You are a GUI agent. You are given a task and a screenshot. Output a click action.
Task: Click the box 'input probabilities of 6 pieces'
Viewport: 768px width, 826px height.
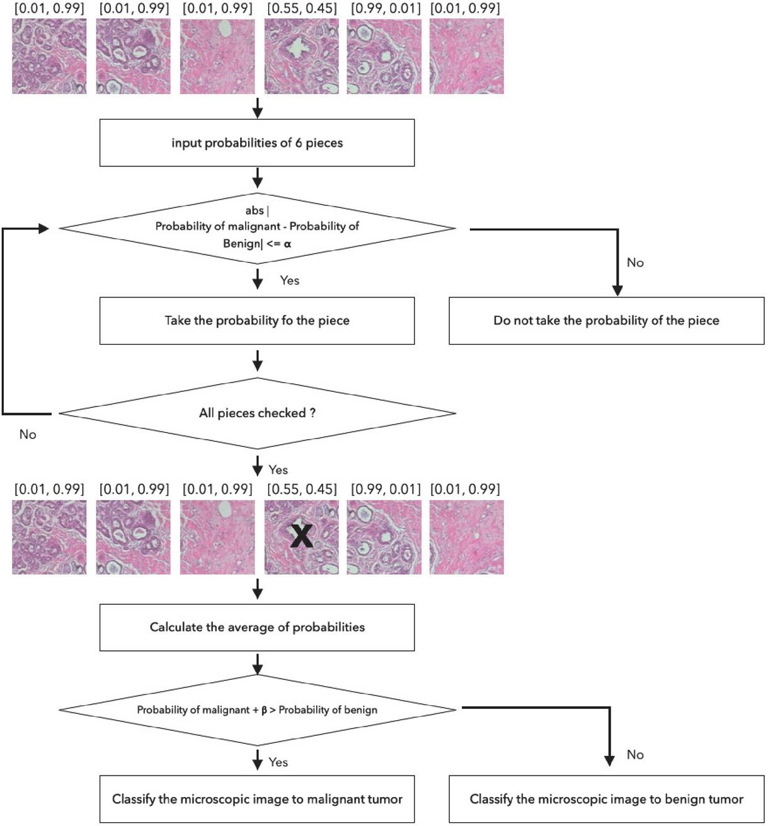coord(257,143)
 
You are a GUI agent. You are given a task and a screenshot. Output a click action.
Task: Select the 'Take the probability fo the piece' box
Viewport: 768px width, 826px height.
coord(257,321)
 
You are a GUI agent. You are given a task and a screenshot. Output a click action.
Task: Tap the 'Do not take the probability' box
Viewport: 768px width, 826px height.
coord(606,321)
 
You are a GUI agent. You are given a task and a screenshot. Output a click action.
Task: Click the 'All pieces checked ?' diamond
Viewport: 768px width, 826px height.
coord(257,413)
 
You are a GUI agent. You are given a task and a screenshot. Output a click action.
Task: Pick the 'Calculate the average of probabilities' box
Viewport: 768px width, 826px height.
coord(257,628)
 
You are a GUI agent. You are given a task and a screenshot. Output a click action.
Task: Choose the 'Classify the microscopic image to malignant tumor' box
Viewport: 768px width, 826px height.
coord(257,799)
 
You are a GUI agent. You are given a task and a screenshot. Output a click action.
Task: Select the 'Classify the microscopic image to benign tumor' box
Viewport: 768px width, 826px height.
coord(606,799)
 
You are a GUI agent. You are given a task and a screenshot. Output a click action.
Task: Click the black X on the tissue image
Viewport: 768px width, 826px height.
coord(301,536)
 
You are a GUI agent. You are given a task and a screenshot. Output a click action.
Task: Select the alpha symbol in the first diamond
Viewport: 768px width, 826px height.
coord(287,244)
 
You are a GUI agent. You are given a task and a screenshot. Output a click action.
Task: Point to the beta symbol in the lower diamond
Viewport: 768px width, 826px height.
coord(264,710)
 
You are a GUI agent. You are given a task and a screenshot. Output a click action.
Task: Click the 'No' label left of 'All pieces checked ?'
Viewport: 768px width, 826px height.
coord(28,434)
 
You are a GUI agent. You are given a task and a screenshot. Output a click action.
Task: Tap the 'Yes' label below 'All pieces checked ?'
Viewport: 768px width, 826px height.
coord(278,470)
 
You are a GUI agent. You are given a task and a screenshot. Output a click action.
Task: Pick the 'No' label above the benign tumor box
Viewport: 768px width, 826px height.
coord(635,755)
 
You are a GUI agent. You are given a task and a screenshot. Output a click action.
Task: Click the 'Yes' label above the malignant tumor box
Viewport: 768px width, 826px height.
coord(278,762)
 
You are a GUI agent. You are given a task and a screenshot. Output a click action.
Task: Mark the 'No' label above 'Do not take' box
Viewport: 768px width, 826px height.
coord(635,263)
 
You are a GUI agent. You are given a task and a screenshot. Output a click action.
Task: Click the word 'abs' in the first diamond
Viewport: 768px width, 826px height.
coord(255,210)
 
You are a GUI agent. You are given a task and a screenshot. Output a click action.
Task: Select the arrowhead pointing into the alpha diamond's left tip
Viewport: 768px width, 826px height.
coord(44,229)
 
